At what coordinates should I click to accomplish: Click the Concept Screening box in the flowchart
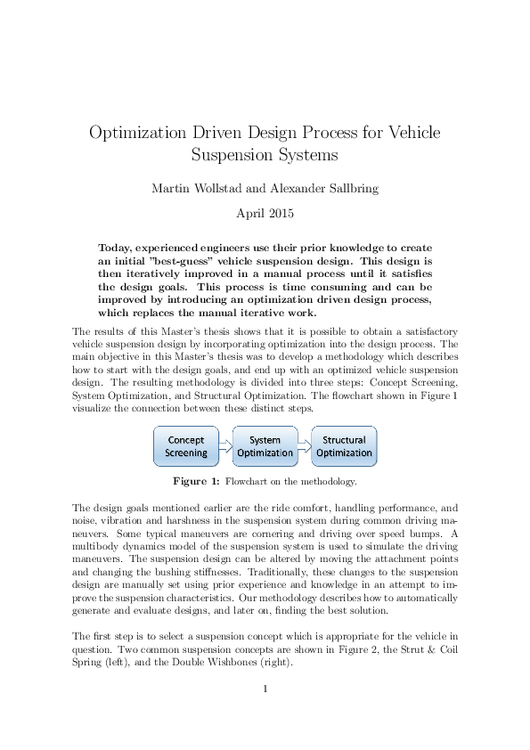coord(186,446)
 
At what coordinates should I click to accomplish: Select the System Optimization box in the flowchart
coord(265,446)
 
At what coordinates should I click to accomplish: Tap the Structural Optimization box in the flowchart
coord(344,446)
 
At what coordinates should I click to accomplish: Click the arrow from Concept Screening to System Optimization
coord(224,446)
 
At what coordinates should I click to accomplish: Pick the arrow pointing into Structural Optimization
coord(304,446)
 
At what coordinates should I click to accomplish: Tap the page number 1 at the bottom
coord(265,688)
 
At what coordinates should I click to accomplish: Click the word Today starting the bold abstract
coord(117,246)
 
